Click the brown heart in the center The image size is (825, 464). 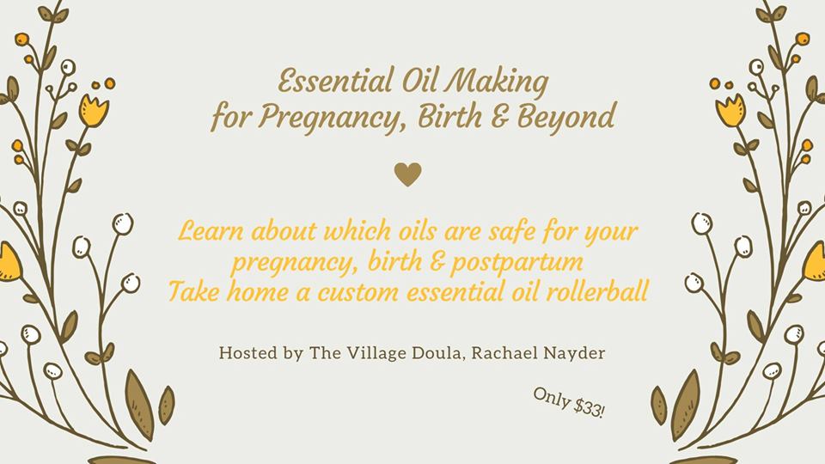point(407,174)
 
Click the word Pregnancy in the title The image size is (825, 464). point(332,118)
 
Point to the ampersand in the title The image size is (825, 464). point(499,116)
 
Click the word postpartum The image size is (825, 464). point(516,262)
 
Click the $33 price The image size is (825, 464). point(590,406)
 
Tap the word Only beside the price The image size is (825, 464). point(552,397)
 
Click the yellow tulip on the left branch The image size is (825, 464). point(94,111)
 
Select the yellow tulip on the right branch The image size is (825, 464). point(730,111)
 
